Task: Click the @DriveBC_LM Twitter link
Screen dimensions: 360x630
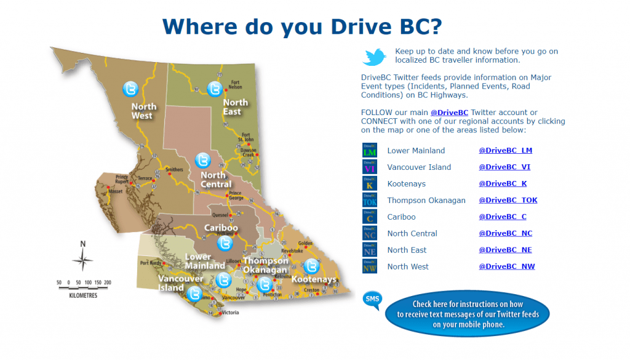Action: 505,151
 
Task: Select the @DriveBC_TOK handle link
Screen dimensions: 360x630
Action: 508,201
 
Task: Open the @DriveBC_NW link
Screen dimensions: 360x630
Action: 506,267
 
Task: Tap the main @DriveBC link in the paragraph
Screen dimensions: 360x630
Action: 449,113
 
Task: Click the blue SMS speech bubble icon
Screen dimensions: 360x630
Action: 372,300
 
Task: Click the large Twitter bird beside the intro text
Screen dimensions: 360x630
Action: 374,57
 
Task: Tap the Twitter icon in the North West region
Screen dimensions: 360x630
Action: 130,89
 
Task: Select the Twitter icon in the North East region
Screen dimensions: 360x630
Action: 214,89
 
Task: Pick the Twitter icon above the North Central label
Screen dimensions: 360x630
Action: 202,160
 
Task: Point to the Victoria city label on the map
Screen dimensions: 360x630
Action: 229,313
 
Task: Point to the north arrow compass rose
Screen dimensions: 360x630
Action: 82,258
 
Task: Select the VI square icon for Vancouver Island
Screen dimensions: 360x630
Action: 370,167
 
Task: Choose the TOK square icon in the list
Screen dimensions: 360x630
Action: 370,201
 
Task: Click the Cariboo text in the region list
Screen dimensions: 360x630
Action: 401,217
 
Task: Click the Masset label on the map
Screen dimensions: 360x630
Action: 116,191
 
